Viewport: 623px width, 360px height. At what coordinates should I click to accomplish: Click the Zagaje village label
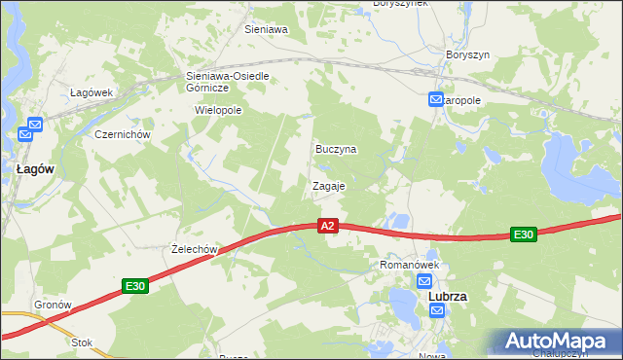coord(328,185)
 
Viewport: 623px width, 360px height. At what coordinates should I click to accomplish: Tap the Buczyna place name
coord(336,150)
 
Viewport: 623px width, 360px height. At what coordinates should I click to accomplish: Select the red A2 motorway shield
coord(328,226)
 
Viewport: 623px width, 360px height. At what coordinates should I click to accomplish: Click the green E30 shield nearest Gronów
coord(135,286)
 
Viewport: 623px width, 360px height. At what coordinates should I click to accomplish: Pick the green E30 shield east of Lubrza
coord(524,234)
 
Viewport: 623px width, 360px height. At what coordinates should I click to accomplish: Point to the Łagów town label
coord(35,168)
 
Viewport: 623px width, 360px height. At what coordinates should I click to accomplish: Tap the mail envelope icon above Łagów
coord(35,125)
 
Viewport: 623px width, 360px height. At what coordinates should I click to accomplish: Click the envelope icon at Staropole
coord(437,99)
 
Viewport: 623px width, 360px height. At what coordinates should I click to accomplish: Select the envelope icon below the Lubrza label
coord(437,310)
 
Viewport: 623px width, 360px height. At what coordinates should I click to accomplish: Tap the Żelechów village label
coord(192,250)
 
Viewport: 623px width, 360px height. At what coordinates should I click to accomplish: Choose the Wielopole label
coord(218,111)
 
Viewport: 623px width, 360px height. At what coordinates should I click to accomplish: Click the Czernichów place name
coord(120,134)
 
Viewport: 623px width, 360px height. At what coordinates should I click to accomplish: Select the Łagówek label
coord(92,92)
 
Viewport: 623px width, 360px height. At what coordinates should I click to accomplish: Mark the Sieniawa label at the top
coord(266,30)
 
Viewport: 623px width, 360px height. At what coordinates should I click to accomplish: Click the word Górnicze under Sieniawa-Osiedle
coord(206,88)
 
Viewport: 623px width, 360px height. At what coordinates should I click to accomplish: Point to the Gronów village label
coord(54,305)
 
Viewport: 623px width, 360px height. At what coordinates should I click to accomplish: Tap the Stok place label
coord(82,342)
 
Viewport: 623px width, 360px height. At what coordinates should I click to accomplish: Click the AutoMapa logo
coord(554,341)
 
